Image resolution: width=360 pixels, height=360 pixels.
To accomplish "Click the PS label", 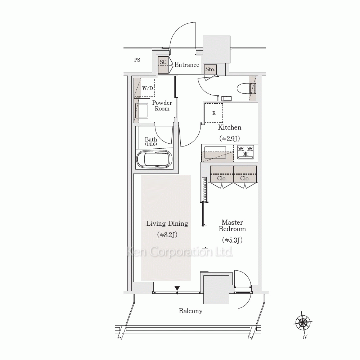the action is click(137, 60).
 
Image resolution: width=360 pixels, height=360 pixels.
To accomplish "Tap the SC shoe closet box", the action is click(163, 65).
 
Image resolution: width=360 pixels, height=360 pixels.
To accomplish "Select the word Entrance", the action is click(186, 65).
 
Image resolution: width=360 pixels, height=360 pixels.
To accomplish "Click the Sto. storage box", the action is click(210, 69).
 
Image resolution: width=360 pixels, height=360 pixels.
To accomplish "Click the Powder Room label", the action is click(162, 105).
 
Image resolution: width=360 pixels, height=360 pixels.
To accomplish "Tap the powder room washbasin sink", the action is click(142, 111).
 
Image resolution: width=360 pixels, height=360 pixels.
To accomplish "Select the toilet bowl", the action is click(246, 89).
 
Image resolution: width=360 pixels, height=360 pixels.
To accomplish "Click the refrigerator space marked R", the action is click(214, 113).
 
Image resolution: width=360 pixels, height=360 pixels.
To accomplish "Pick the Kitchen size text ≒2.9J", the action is click(230, 139).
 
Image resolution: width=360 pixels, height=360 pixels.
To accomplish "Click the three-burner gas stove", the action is click(246, 152).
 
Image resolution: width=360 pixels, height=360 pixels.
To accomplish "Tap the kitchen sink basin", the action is click(215, 152).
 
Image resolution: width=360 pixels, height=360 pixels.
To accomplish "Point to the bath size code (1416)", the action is click(151, 144).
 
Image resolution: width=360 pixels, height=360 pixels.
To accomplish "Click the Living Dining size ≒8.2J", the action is click(167, 235).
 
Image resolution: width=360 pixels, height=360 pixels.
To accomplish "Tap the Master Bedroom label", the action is click(232, 225).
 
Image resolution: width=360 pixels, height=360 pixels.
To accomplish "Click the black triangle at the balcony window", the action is click(177, 288).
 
